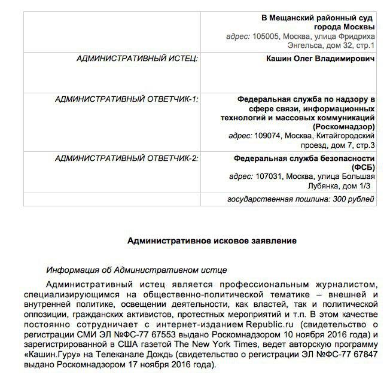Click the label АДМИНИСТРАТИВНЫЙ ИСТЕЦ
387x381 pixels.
point(137,59)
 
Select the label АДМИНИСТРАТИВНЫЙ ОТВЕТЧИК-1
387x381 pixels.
point(126,98)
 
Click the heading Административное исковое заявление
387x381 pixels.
point(212,241)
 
